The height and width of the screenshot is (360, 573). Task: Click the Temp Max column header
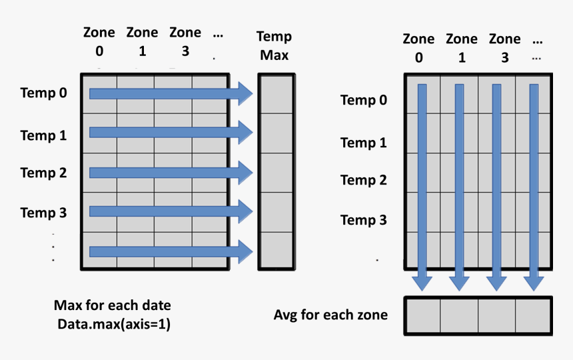coord(274,45)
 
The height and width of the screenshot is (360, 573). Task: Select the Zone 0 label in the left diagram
coord(99,41)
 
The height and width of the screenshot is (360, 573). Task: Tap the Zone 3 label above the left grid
coord(185,41)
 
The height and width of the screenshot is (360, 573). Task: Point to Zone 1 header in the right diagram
coord(462,48)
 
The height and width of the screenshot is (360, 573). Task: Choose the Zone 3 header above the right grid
coord(504,48)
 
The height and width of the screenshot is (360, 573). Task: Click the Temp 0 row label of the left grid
coord(43,93)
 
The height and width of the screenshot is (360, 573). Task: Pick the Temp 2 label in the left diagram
coord(43,173)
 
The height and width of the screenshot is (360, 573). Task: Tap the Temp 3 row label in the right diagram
coord(363,219)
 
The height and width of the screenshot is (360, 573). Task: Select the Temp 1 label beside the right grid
coord(363,142)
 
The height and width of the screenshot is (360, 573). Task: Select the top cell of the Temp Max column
coord(276,94)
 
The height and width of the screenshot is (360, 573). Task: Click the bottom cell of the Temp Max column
coord(276,251)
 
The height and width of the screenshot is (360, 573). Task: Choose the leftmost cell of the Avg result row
coord(422,315)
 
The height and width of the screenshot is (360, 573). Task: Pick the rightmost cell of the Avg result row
coord(533,315)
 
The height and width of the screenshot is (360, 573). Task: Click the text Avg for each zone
coord(330,315)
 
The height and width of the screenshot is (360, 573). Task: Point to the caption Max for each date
coord(112,305)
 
